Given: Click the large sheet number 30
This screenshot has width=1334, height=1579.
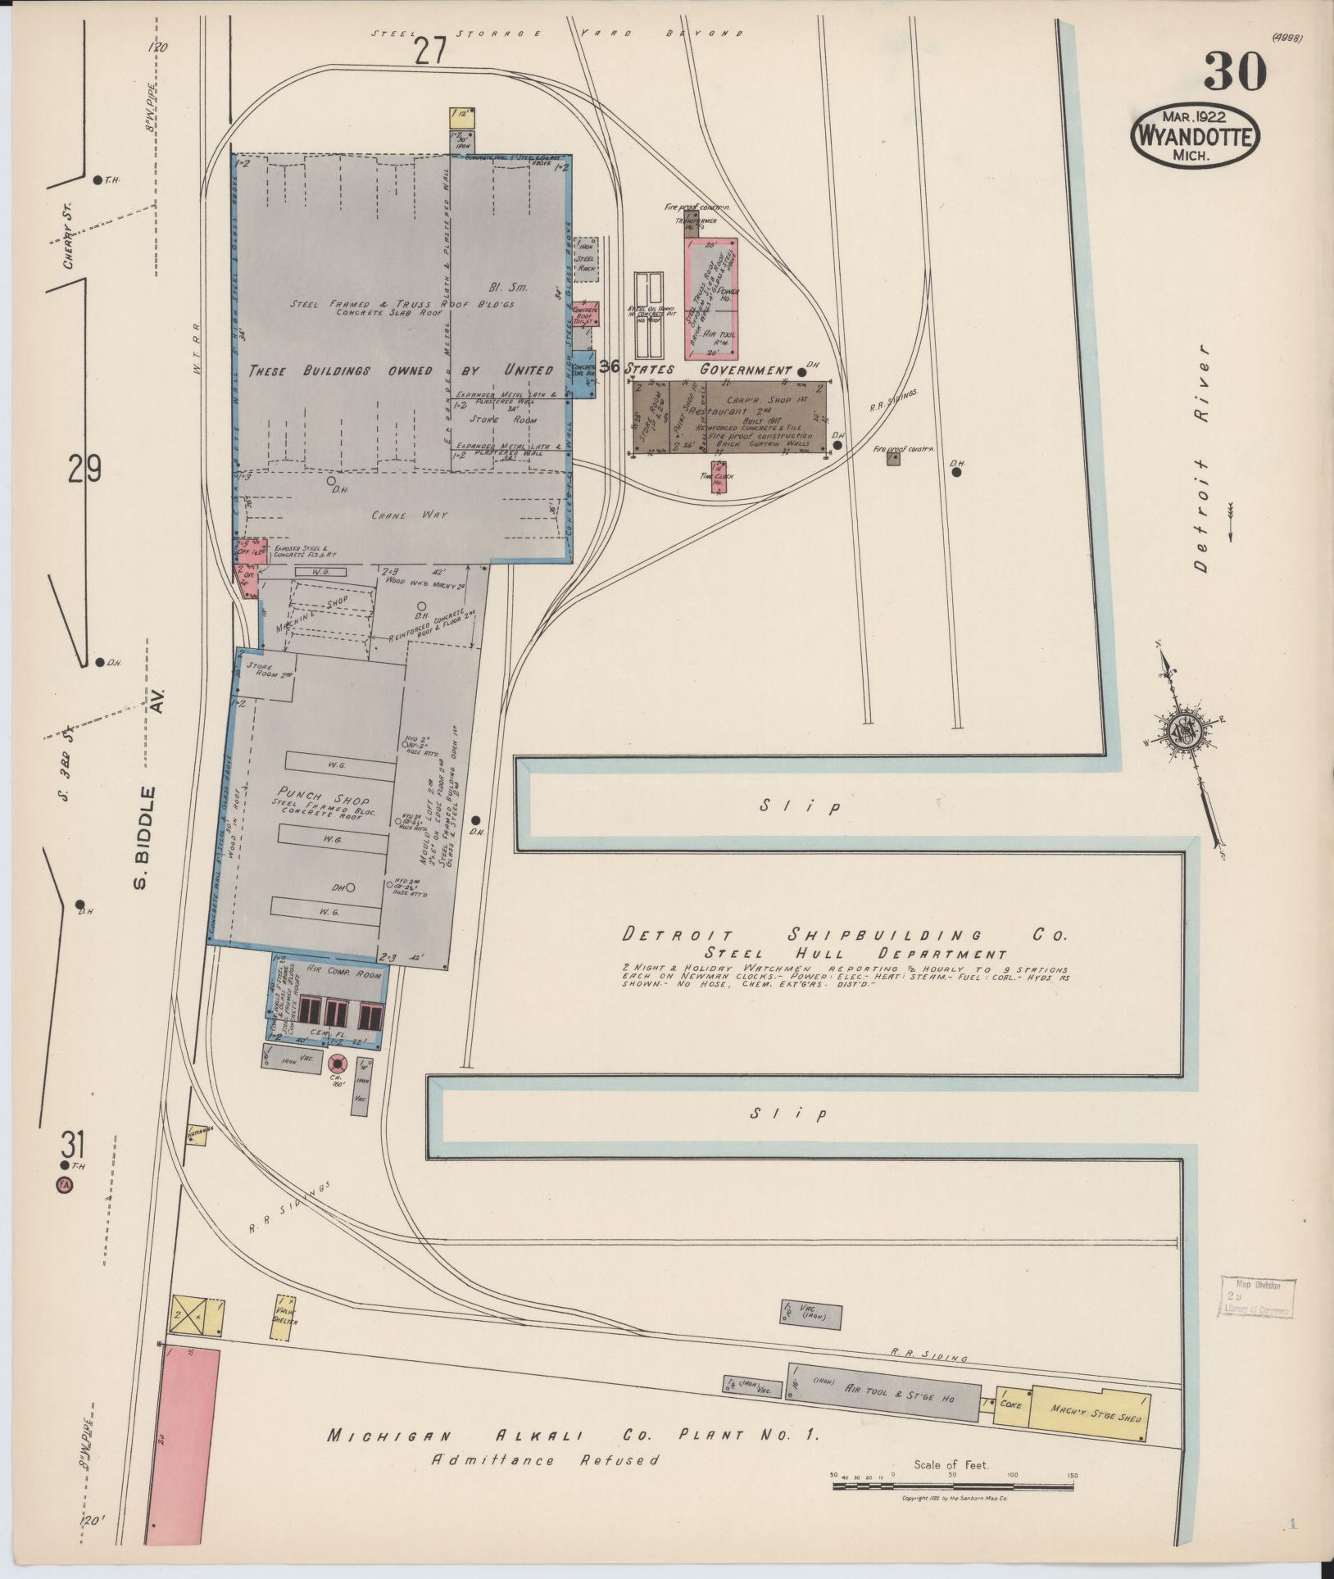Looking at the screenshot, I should point(1235,71).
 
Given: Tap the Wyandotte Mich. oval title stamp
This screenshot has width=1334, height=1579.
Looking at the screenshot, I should point(1194,136).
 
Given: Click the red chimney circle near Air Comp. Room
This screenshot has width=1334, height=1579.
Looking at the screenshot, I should point(337,1064).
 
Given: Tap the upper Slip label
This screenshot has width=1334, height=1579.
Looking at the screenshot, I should point(799,806).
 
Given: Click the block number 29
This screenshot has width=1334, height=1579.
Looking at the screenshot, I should point(84,470).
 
